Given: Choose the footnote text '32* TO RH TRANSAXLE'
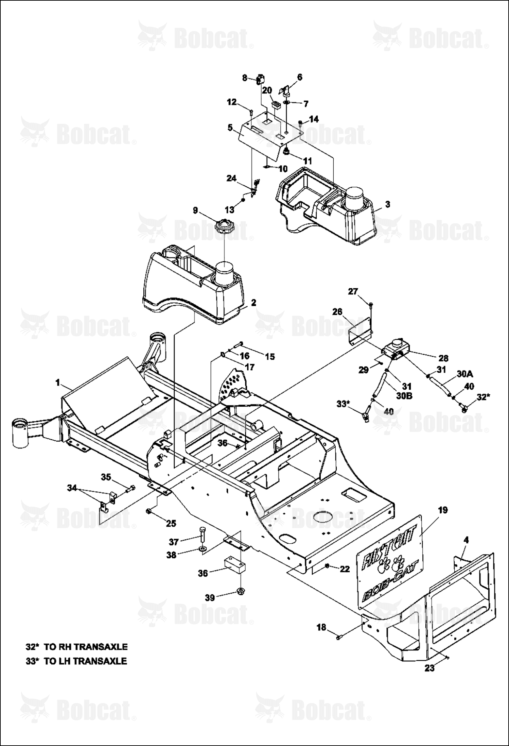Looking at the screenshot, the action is point(76,646).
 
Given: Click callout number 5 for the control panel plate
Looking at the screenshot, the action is point(230,128).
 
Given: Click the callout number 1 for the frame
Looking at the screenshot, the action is point(58,383).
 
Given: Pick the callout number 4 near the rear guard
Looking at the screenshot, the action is point(467,540).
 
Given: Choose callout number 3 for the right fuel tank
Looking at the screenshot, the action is point(387,204).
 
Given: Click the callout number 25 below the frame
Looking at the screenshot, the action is point(171,523).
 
